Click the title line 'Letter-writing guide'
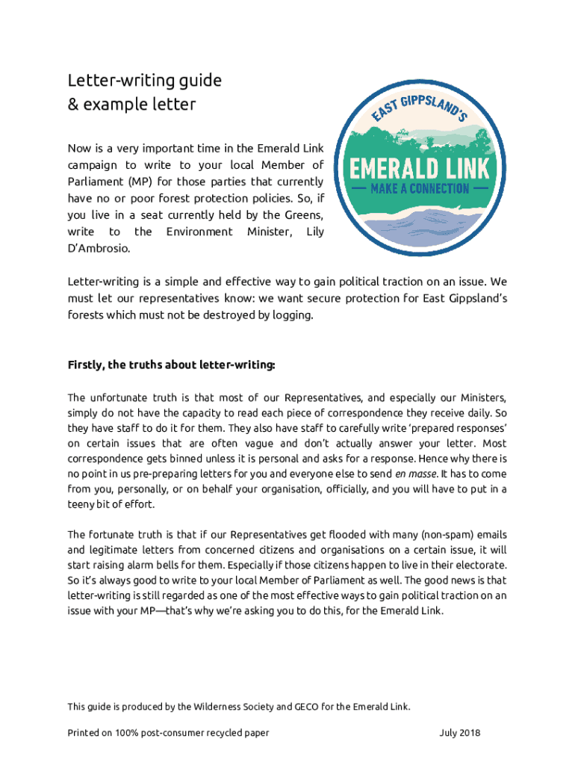[145, 80]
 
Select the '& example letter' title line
[131, 104]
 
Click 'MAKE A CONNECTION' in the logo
[422, 188]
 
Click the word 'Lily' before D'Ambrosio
[314, 232]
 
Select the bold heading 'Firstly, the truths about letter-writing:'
[172, 365]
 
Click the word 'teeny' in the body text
[81, 504]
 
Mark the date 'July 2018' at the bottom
[460, 733]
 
